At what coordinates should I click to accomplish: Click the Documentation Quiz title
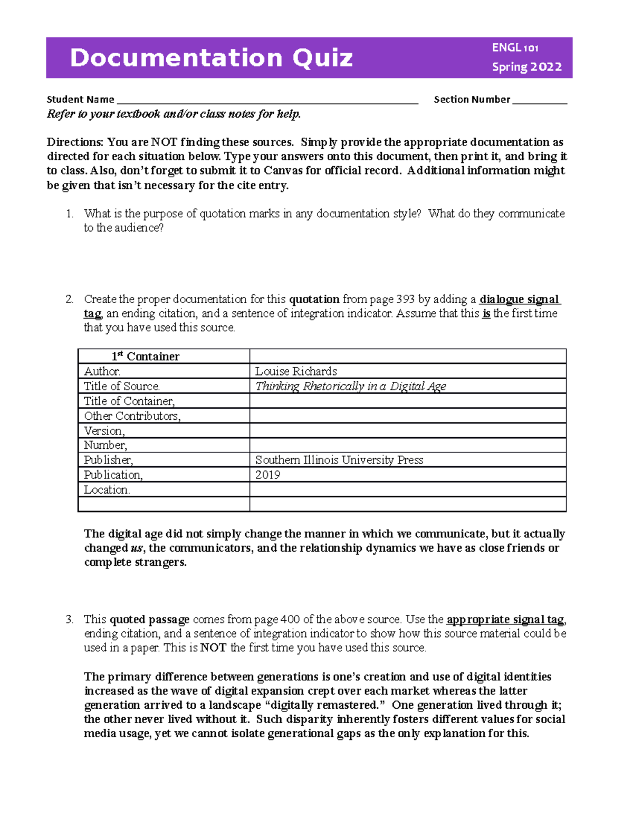[211, 58]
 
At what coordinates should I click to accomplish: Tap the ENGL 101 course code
[515, 48]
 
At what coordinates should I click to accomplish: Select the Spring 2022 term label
[526, 67]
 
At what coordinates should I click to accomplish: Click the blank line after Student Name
[267, 100]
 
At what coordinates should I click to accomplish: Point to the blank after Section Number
[539, 100]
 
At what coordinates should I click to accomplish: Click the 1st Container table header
[146, 356]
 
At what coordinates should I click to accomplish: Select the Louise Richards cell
[296, 371]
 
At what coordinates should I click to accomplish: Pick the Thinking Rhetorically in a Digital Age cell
[350, 386]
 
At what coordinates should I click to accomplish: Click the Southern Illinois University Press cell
[339, 460]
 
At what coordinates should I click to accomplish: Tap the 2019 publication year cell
[268, 475]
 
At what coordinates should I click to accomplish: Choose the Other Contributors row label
[132, 416]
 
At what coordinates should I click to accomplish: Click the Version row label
[104, 431]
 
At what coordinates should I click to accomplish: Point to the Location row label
[107, 489]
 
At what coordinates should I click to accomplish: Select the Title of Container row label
[129, 401]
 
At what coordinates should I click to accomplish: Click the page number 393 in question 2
[406, 300]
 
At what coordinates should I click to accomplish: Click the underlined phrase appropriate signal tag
[505, 620]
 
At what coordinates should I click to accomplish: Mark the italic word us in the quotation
[136, 548]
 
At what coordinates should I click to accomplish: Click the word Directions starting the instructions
[75, 142]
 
